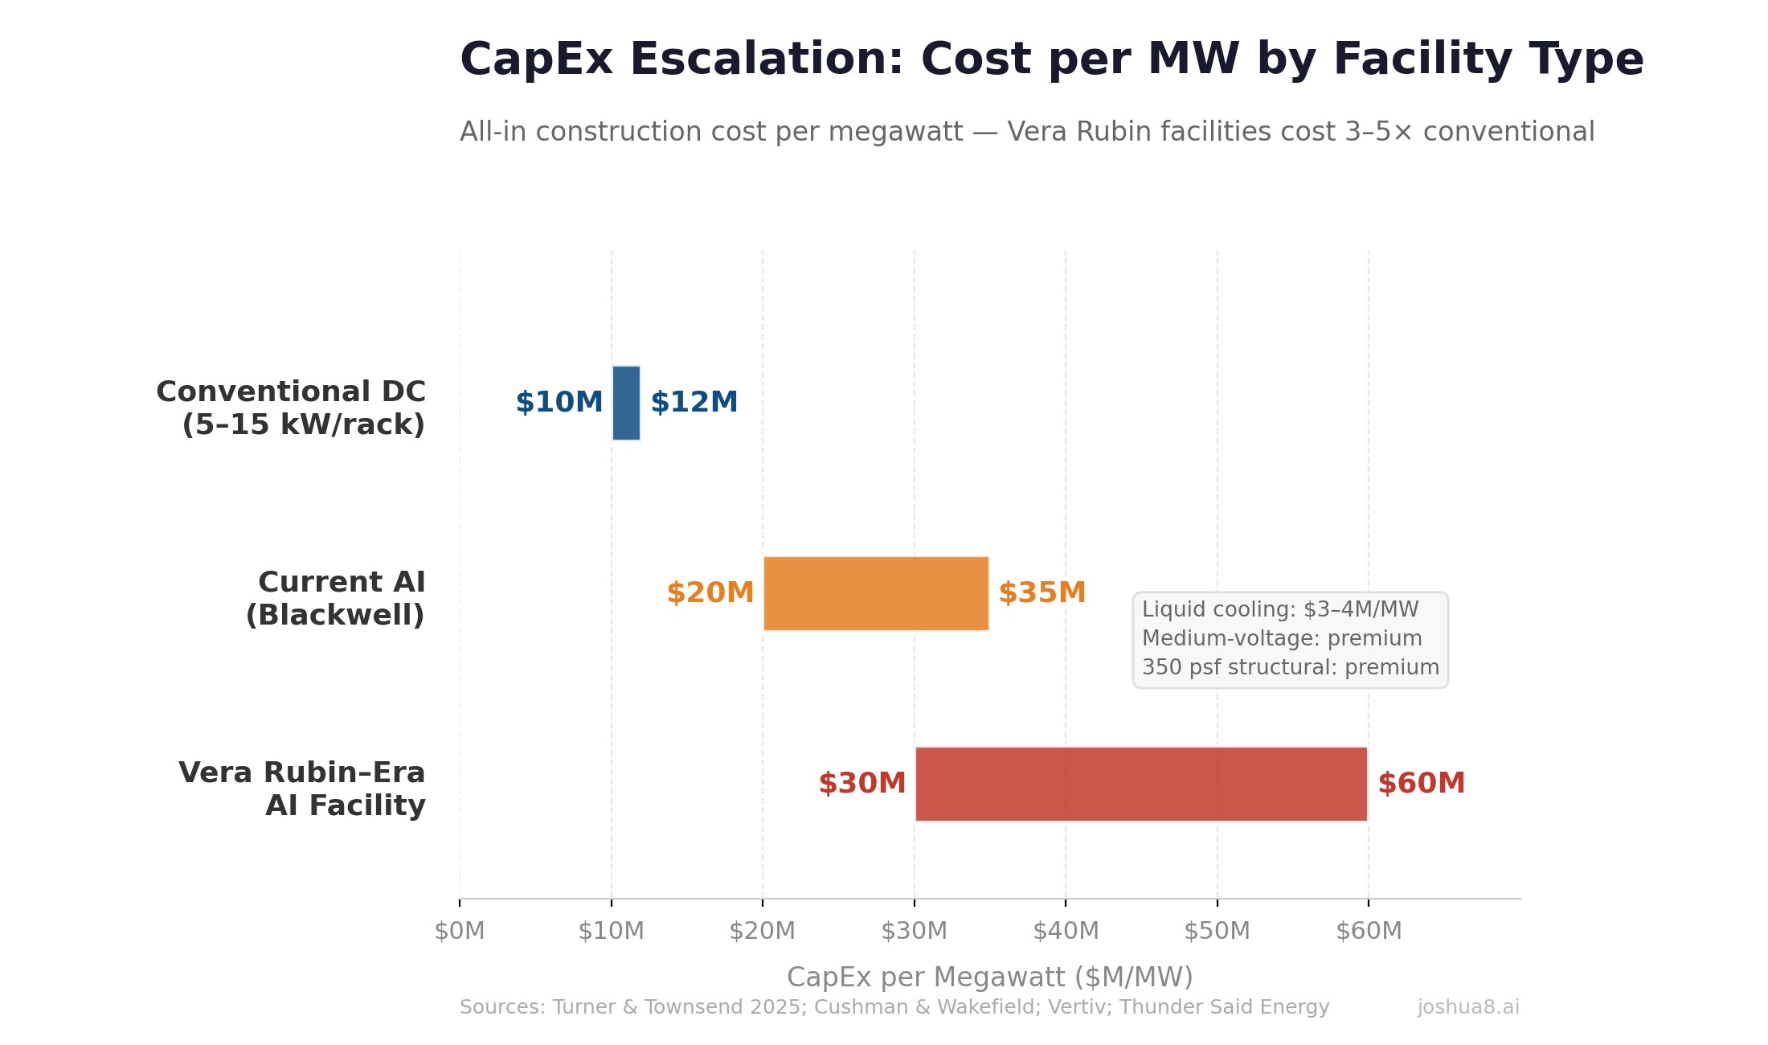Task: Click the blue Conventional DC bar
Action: click(x=626, y=403)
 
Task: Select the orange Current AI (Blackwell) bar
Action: click(x=876, y=593)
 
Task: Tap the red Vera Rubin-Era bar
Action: click(x=1141, y=784)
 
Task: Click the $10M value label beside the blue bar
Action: click(x=559, y=402)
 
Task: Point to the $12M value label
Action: click(x=694, y=402)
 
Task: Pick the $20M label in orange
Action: click(x=710, y=593)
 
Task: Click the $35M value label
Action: click(x=1042, y=593)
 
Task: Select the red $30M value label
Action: click(x=861, y=784)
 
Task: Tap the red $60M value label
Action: click(x=1421, y=784)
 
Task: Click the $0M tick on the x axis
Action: click(x=460, y=931)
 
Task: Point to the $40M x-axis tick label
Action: click(x=1066, y=931)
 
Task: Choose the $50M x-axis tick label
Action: click(x=1217, y=931)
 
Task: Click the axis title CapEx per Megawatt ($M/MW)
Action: click(x=989, y=977)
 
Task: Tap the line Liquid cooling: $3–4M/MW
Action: click(x=1280, y=609)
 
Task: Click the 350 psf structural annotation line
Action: click(x=1290, y=667)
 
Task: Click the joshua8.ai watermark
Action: click(x=1468, y=1007)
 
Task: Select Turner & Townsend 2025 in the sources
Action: click(x=675, y=1007)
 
